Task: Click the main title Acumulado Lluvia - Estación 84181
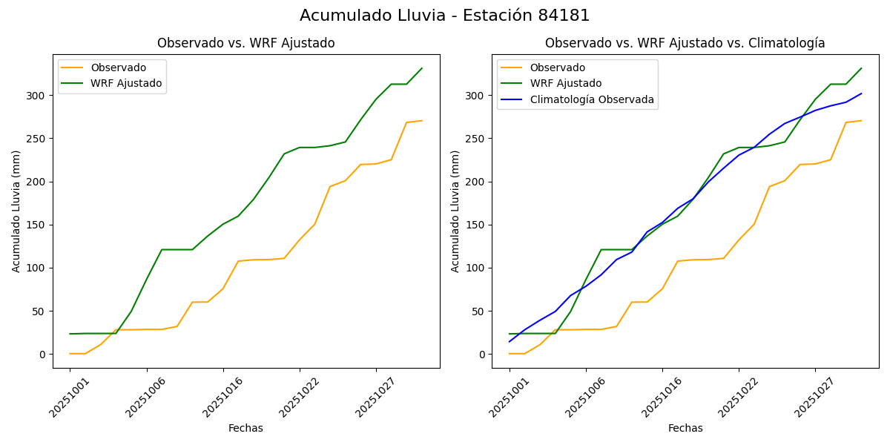(445, 16)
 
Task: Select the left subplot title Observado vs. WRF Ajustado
(245, 43)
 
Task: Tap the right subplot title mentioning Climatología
(685, 43)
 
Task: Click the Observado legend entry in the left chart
(118, 67)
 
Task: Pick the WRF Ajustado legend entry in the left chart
(126, 83)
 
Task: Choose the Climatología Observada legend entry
(592, 99)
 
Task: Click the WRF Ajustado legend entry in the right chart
(565, 83)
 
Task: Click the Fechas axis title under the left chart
(245, 428)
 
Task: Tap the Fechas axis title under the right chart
(685, 428)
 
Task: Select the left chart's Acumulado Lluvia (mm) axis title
(16, 211)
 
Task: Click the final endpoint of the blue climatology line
(861, 93)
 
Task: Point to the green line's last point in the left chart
(422, 68)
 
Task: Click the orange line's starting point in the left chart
(70, 354)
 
